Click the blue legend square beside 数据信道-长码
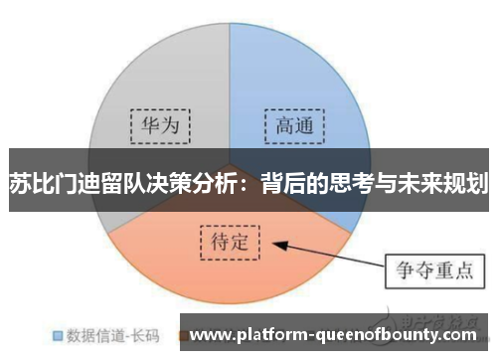pyautogui.click(x=58, y=335)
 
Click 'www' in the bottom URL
pyautogui.click(x=210, y=335)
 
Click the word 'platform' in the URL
pyautogui.click(x=268, y=335)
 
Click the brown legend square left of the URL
pyautogui.click(x=183, y=335)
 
